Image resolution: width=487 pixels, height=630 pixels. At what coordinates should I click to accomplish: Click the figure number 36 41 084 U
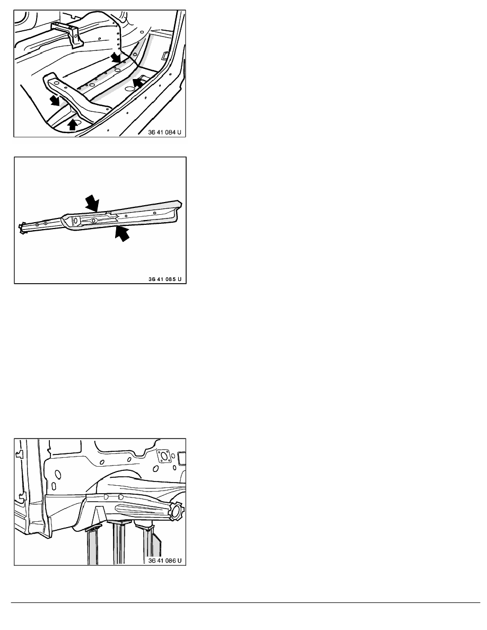[x=165, y=132]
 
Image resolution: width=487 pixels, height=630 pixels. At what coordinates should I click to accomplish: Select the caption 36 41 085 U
[x=165, y=279]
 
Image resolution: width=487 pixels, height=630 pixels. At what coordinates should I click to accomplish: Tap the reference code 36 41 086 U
[x=165, y=561]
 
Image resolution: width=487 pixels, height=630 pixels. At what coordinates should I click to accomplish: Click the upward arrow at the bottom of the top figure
[x=72, y=125]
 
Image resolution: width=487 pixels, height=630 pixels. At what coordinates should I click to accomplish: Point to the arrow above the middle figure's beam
[x=92, y=203]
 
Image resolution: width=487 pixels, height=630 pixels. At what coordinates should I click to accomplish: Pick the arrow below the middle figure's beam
[x=122, y=233]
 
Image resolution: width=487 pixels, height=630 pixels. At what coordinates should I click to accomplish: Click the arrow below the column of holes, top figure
[x=116, y=57]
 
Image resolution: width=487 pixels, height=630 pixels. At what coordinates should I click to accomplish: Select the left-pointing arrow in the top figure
[x=138, y=82]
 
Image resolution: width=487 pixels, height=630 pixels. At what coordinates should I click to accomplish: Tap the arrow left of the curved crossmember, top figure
[x=54, y=100]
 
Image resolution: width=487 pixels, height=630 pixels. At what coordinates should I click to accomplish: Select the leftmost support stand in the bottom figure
[x=92, y=545]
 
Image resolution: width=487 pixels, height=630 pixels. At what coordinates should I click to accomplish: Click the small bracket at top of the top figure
[x=67, y=33]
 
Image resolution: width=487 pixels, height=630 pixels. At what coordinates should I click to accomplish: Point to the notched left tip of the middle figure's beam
[x=22, y=228]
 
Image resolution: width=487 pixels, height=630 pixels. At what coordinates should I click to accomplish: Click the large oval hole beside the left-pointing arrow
[x=129, y=88]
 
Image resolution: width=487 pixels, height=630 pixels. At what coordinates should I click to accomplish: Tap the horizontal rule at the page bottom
[x=246, y=602]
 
